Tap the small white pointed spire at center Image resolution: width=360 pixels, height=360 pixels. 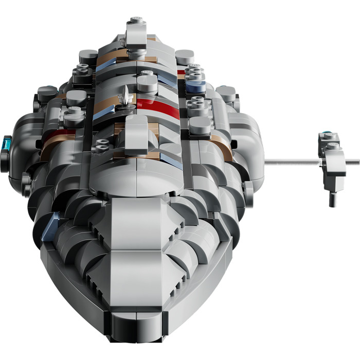point(125,95)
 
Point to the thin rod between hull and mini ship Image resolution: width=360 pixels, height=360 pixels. point(291,162)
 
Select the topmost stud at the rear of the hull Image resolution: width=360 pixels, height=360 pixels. point(135,21)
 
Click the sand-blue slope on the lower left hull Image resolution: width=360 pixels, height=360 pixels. point(50,228)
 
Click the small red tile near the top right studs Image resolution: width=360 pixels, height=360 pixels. point(181,72)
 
